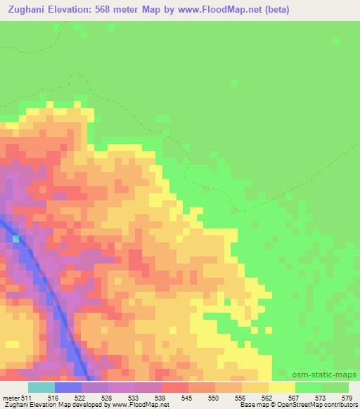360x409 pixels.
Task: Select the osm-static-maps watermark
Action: pyautogui.click(x=325, y=375)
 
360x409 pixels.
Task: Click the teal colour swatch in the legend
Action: pyautogui.click(x=41, y=387)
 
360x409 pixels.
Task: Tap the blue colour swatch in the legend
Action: pyautogui.click(x=68, y=387)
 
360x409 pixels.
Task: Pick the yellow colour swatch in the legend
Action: pyautogui.click(x=282, y=387)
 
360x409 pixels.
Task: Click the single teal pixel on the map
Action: pyautogui.click(x=15, y=239)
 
